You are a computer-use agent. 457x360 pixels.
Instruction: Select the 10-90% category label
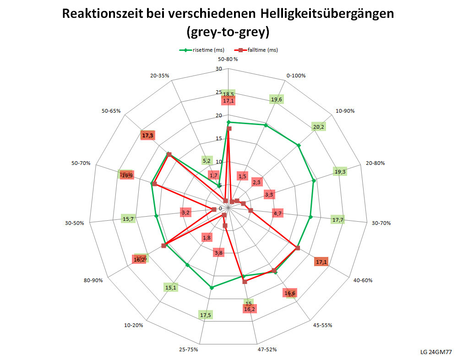click(345, 111)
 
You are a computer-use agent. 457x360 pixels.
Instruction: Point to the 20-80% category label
click(375, 163)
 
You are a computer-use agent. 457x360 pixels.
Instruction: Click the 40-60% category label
click(362, 280)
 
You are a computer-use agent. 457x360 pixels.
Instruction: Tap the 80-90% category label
click(93, 280)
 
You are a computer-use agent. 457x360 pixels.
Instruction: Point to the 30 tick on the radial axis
click(218, 69)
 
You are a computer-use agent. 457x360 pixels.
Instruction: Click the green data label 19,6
click(277, 99)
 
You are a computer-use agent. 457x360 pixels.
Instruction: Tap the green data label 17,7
click(338, 220)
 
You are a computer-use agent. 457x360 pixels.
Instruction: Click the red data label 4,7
click(277, 213)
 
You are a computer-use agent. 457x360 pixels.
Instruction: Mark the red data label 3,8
click(218, 253)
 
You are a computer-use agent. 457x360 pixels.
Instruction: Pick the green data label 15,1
click(171, 288)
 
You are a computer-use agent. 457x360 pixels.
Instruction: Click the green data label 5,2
click(207, 160)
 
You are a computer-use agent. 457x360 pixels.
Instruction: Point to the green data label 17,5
click(206, 315)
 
